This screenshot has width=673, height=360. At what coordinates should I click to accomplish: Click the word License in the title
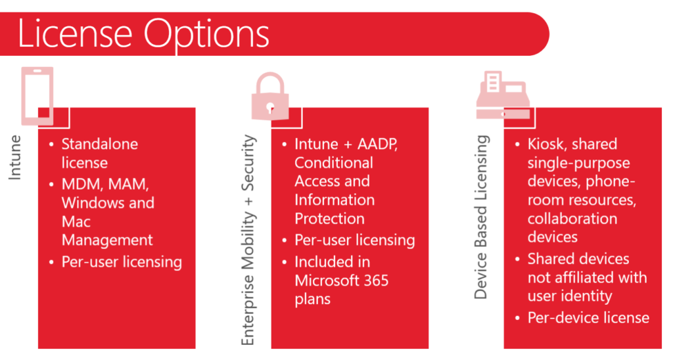point(75,34)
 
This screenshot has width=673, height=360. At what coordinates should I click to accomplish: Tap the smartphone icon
point(37,96)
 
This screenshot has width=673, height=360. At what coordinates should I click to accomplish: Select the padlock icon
point(270,96)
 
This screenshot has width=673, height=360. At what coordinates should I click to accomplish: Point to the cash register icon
point(503,95)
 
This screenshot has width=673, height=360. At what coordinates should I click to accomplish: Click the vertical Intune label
point(14,157)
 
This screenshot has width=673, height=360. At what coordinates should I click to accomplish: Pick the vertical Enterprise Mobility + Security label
point(248,239)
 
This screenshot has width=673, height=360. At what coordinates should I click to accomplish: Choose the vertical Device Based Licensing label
point(481,217)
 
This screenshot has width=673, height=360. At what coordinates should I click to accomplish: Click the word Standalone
point(100,144)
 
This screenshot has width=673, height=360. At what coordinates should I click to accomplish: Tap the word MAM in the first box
point(129,185)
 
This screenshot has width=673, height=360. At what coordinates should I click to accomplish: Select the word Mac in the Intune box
point(76,221)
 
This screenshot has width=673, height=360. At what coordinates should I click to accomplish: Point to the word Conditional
point(333,163)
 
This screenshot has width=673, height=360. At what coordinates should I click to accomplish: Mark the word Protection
point(329,218)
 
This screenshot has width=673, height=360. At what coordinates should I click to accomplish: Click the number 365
point(376,281)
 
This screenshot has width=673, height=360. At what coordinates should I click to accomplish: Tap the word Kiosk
point(545,144)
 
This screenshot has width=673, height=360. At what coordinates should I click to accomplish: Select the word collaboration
point(572,218)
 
